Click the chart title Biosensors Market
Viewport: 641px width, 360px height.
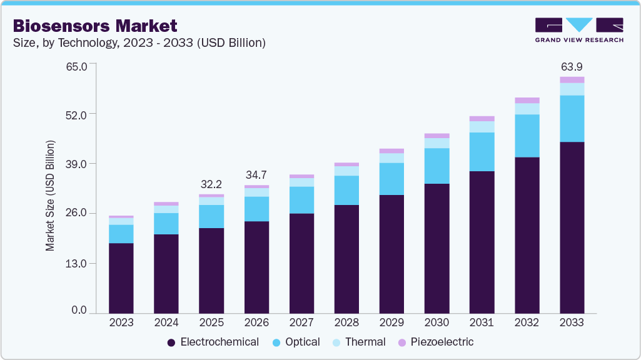coord(95,26)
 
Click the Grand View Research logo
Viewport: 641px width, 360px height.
coord(579,30)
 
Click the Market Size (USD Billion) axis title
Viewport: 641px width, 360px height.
coord(50,196)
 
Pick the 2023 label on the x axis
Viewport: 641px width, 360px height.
coord(121,323)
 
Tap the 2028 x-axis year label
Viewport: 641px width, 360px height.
coord(346,323)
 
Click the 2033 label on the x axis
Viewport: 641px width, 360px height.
coord(572,323)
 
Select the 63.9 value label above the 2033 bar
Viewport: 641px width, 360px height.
coord(572,67)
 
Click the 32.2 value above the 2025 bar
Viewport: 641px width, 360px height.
coord(211,184)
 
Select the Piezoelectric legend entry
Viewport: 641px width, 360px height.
coord(436,342)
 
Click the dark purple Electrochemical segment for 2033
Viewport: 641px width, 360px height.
coord(572,227)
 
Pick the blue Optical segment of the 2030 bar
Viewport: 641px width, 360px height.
coord(437,166)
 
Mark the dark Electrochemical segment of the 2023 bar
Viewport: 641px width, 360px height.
coord(121,278)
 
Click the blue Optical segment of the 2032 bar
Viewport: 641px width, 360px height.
coord(527,136)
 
